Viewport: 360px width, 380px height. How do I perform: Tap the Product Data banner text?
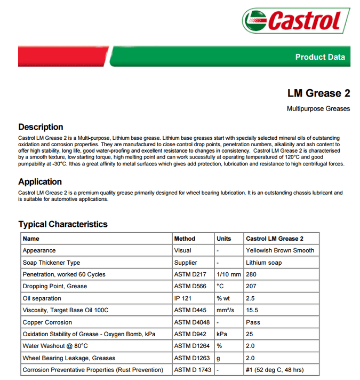[x=320, y=57]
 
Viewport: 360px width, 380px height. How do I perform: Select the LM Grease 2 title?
[x=318, y=93]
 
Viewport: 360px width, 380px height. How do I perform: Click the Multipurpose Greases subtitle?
[x=318, y=109]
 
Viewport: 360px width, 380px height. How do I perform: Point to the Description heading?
[x=41, y=127]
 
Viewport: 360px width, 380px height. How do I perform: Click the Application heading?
[x=40, y=181]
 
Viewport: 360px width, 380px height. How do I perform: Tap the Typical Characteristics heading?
[x=63, y=224]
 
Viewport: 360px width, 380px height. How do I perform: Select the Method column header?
[x=185, y=239]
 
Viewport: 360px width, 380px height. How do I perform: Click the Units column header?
[x=223, y=239]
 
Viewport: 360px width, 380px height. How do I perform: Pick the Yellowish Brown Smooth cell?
[x=280, y=250]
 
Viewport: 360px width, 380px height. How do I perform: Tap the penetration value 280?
[x=252, y=274]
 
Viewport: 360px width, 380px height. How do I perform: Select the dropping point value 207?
[x=252, y=286]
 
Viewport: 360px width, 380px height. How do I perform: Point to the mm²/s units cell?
[x=226, y=310]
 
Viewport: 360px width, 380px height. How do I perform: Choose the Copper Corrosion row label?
[x=47, y=322]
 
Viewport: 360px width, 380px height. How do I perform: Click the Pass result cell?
[x=253, y=322]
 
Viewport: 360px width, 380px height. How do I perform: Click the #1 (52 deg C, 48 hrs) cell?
[x=275, y=370]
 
